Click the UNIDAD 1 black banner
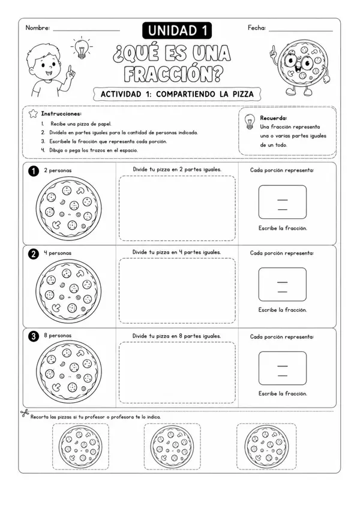point(177,31)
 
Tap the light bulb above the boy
point(81,48)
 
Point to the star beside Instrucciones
point(33,114)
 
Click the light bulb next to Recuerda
point(250,122)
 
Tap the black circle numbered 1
point(34,171)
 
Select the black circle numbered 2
point(34,254)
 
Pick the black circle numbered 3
point(34,336)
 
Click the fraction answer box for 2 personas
point(283,202)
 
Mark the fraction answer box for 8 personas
point(283,368)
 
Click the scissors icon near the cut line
point(25,413)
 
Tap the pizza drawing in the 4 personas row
point(68,291)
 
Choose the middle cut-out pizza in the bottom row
point(172,447)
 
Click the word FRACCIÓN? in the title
point(173,74)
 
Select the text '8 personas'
point(58,335)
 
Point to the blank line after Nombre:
point(86,31)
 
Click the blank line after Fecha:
point(301,31)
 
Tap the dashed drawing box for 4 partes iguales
point(177,291)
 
